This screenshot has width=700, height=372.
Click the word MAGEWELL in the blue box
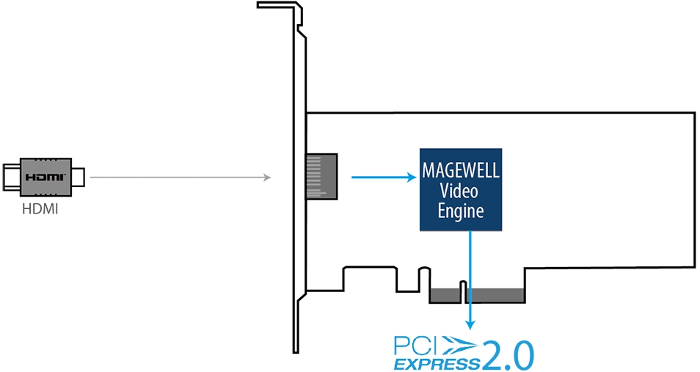[461, 170]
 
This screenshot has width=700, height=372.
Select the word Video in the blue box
[459, 191]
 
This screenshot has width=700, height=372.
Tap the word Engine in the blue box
[461, 211]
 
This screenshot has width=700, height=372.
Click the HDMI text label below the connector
[40, 209]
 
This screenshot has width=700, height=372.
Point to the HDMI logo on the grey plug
[45, 178]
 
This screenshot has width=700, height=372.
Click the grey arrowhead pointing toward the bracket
[267, 178]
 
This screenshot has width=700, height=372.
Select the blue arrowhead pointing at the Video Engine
[412, 178]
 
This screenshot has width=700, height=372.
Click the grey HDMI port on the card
[321, 176]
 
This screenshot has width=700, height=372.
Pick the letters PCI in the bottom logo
[415, 346]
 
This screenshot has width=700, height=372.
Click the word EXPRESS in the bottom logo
[436, 363]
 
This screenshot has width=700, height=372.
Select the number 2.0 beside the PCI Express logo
[507, 356]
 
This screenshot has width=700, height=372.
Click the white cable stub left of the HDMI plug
[12, 178]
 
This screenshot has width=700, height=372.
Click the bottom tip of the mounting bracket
[296, 351]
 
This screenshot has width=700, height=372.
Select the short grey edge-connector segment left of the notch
[445, 295]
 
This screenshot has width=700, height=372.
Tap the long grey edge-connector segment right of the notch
[495, 295]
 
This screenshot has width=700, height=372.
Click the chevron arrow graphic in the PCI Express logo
[458, 346]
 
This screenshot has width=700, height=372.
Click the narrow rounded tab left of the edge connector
[423, 279]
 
